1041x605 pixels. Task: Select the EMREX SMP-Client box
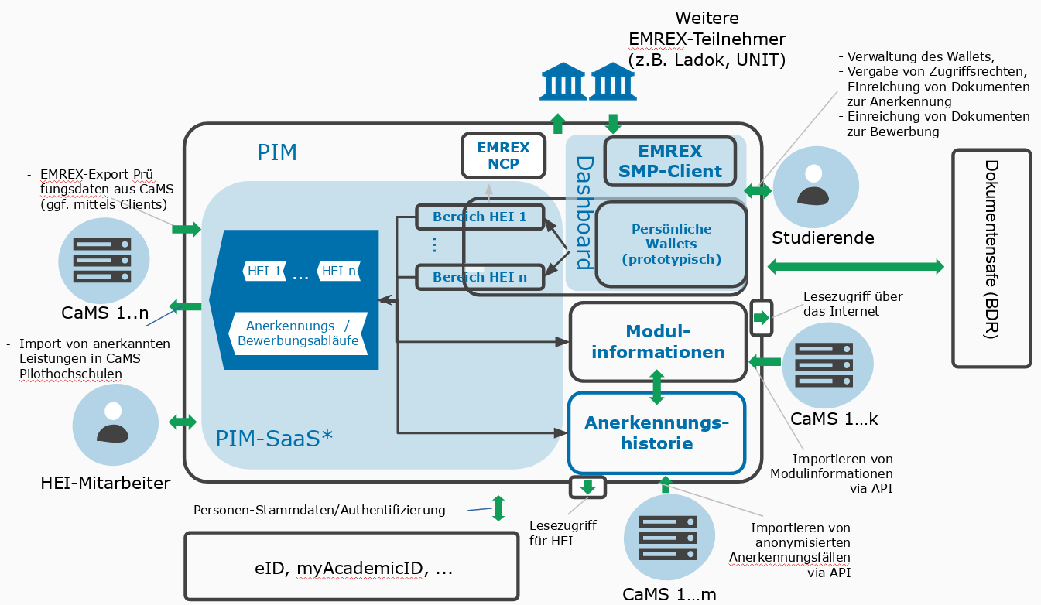(669, 161)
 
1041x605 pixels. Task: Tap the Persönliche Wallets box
(671, 244)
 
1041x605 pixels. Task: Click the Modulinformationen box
(658, 342)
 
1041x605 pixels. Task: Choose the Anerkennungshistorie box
(656, 433)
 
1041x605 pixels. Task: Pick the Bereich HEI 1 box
(479, 217)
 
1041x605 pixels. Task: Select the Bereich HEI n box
(479, 276)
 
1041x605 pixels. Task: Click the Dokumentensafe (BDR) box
(991, 258)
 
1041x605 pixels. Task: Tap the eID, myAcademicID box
(351, 566)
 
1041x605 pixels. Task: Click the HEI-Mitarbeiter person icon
(114, 424)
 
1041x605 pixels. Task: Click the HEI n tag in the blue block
(339, 271)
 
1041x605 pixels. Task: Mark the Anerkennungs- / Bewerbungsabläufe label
(298, 333)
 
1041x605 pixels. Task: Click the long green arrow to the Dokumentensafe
(856, 266)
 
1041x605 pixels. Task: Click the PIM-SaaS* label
(274, 438)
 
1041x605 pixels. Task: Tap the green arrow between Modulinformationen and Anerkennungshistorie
(657, 387)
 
